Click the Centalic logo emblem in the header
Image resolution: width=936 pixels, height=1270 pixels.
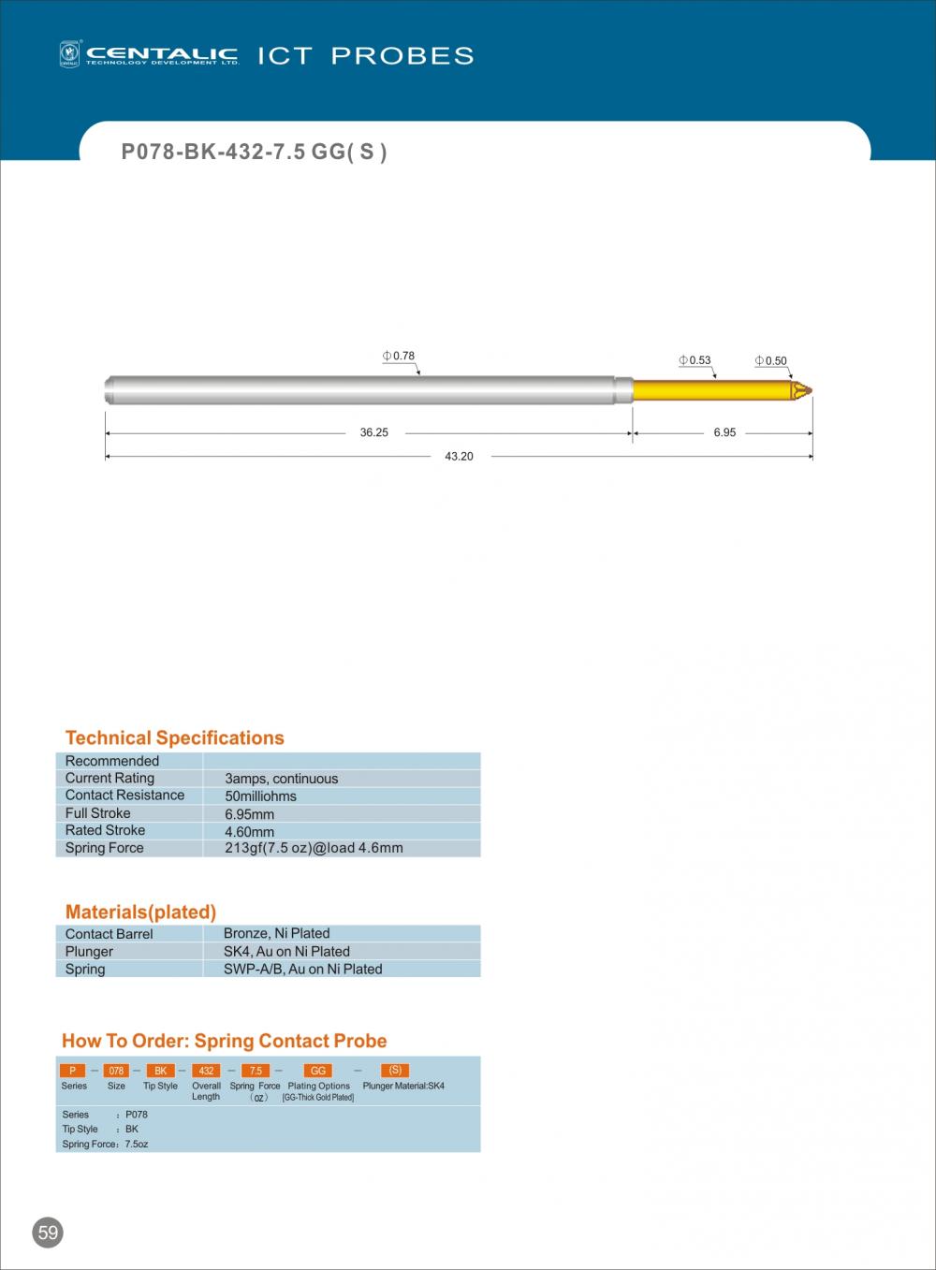tap(70, 54)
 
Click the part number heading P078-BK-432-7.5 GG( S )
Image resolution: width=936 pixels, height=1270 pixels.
tap(254, 152)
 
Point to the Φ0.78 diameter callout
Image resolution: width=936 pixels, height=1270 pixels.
tap(399, 356)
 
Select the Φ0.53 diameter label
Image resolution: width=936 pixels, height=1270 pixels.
tap(695, 360)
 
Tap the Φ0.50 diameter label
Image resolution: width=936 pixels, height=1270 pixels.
tap(771, 361)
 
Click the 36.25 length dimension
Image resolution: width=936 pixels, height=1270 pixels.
tap(373, 432)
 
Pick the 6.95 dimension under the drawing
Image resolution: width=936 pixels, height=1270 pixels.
tap(724, 432)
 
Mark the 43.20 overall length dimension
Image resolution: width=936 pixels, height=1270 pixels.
tap(459, 457)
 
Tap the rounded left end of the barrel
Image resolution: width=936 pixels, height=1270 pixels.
tap(108, 389)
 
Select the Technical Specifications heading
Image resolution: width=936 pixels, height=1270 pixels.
tap(174, 737)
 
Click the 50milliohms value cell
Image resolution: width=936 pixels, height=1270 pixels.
tap(261, 796)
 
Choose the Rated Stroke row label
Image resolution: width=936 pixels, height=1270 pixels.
tap(105, 830)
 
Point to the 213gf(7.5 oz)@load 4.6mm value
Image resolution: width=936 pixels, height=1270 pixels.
tap(314, 848)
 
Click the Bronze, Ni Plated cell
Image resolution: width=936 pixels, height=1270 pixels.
tap(276, 933)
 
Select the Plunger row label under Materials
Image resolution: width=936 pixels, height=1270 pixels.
tap(89, 951)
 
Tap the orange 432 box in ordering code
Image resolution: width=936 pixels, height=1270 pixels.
tap(206, 1071)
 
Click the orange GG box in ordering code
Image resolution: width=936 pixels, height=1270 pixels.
tap(318, 1071)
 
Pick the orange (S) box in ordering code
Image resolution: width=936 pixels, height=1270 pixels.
tap(395, 1071)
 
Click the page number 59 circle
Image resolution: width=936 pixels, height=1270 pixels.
tap(48, 1233)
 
